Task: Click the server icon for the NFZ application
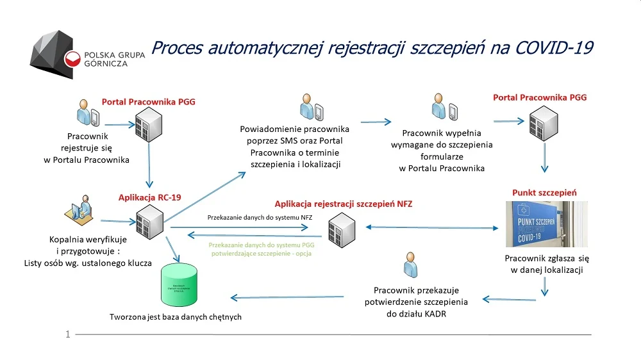(341, 229)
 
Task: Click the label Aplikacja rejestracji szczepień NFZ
(344, 204)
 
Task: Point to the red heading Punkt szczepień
(544, 192)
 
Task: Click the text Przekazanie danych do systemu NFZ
(260, 217)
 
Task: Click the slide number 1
(67, 334)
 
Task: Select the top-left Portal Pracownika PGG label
(149, 101)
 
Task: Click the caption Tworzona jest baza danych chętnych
(175, 316)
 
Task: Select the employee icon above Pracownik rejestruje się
(87, 114)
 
